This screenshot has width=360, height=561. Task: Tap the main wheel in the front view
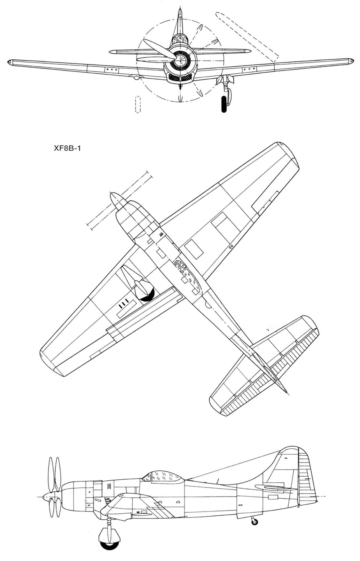[x=224, y=104]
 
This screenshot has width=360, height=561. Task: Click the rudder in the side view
[x=306, y=474]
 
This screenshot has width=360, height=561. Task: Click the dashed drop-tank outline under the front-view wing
[x=138, y=104]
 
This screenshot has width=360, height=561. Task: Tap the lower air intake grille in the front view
[x=180, y=78]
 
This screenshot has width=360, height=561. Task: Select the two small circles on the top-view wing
[x=231, y=247]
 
